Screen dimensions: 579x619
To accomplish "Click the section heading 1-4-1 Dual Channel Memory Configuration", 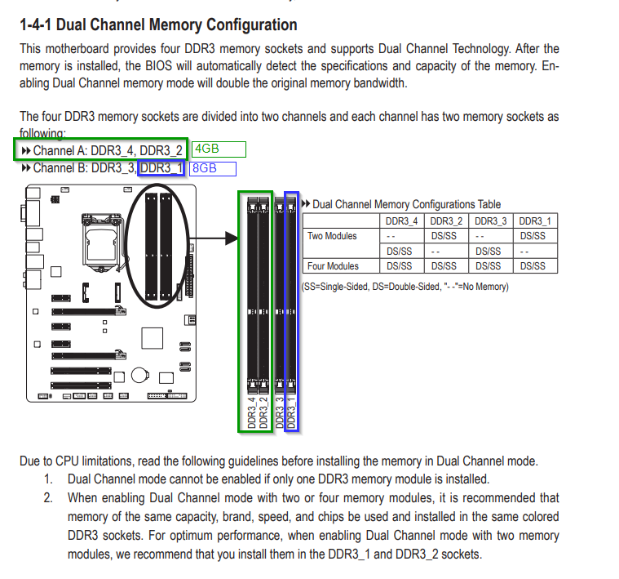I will click(x=158, y=25).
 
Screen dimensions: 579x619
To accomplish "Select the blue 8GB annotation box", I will click(x=212, y=169).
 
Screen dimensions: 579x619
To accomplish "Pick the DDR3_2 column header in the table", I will click(x=444, y=221).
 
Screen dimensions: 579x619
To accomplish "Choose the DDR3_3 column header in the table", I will click(x=490, y=221).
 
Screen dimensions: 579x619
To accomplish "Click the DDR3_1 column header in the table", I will click(x=535, y=221).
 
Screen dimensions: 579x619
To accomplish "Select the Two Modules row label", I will click(x=332, y=236).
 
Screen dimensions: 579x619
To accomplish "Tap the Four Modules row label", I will click(x=332, y=266).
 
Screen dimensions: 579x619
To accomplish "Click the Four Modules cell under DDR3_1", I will click(x=535, y=266).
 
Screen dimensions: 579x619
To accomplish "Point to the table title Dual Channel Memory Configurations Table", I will click(x=406, y=204).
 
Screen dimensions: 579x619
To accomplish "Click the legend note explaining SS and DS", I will click(x=405, y=287).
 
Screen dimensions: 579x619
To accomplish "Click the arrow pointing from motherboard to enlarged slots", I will click(x=219, y=238).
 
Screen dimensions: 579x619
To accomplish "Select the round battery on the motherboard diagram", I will click(x=141, y=372).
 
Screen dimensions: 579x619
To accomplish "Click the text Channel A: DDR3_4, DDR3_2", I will click(x=108, y=149).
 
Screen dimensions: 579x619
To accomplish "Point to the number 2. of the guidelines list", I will click(x=48, y=497).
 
